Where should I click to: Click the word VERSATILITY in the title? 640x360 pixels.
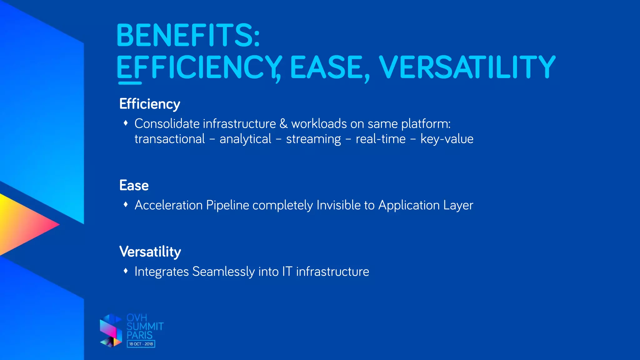pyautogui.click(x=467, y=67)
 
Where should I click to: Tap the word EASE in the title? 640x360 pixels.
pyautogui.click(x=326, y=67)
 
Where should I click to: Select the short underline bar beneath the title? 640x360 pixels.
pyautogui.click(x=130, y=83)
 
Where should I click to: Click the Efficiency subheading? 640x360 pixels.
pyautogui.click(x=150, y=104)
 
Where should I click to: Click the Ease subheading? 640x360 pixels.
pyautogui.click(x=134, y=186)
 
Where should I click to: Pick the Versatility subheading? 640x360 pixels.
pyautogui.click(x=150, y=252)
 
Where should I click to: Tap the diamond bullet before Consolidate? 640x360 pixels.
pyautogui.click(x=126, y=123)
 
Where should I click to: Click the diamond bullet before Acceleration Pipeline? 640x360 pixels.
pyautogui.click(x=126, y=205)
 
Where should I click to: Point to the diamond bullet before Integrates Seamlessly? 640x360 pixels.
pyautogui.click(x=126, y=271)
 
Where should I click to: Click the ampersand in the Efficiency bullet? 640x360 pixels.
pyautogui.click(x=283, y=124)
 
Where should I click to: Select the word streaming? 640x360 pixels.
pyautogui.click(x=313, y=139)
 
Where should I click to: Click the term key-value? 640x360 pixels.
pyautogui.click(x=447, y=139)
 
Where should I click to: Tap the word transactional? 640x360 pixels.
pyautogui.click(x=170, y=139)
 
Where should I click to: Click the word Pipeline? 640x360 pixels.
pyautogui.click(x=227, y=205)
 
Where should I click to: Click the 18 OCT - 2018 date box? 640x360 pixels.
pyautogui.click(x=141, y=344)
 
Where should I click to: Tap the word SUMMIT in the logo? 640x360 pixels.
pyautogui.click(x=145, y=327)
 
